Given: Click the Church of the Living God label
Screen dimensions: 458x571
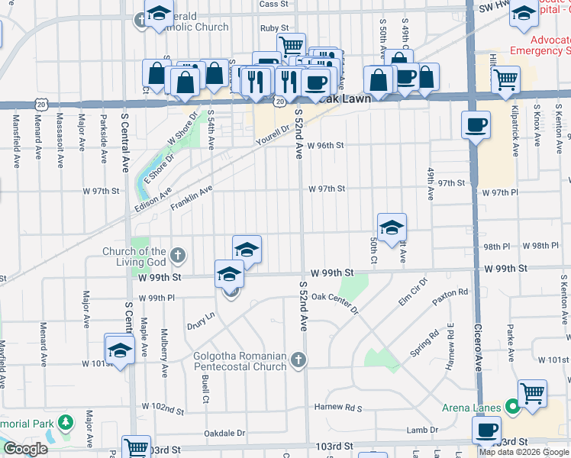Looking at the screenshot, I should [135, 257].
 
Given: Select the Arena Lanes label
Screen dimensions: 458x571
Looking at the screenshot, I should [471, 408].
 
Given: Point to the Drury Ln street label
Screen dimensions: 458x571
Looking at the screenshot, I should [200, 321].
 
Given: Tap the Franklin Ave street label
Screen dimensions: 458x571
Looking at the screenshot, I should [191, 201].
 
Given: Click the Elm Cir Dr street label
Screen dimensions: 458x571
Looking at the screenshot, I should [411, 295].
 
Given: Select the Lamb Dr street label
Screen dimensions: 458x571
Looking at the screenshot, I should [422, 431].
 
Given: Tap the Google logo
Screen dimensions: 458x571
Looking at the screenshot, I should [26, 449].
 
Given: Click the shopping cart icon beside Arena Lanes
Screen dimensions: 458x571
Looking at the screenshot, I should [532, 392].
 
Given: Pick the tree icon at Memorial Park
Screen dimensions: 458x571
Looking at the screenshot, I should [66, 421].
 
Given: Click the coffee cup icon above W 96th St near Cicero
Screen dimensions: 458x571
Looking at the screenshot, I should [476, 124].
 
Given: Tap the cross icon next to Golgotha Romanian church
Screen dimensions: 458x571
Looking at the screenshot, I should [298, 359].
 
